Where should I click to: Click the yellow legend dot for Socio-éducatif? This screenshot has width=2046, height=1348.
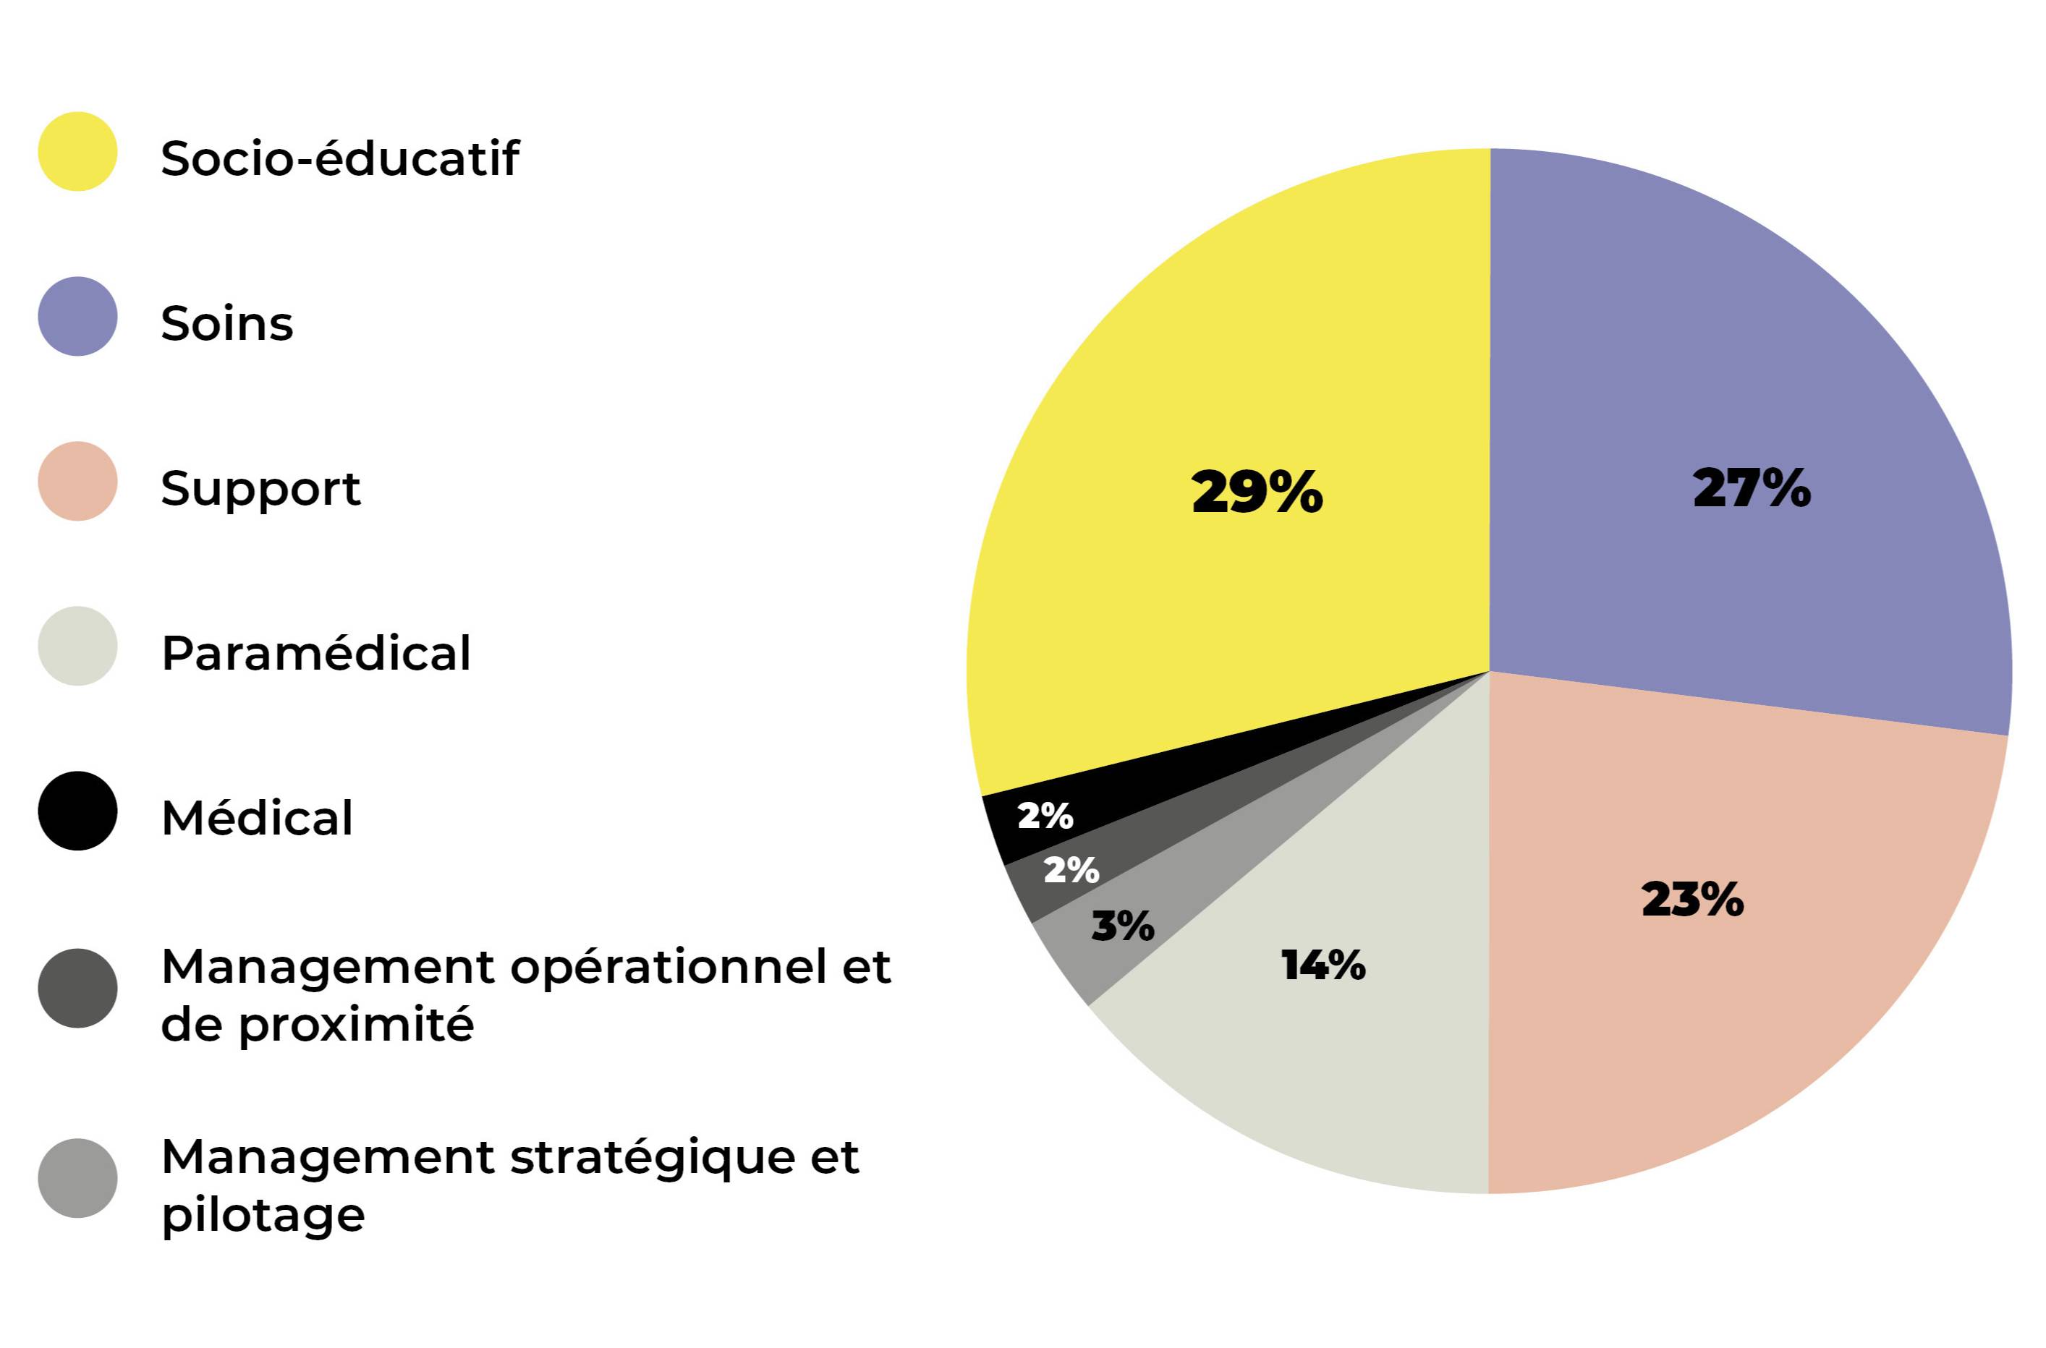77,151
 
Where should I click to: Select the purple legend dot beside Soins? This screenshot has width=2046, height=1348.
77,316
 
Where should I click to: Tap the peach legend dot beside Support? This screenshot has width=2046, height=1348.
77,482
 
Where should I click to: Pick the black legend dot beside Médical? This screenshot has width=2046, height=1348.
77,811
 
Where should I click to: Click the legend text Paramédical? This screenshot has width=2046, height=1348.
315,653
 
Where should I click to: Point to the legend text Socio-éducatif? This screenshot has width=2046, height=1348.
340,158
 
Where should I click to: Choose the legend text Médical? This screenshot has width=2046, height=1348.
257,818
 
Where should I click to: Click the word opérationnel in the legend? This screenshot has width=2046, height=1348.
669,969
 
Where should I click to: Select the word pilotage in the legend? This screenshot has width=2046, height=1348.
263,1216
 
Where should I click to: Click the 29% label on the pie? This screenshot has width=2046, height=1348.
1257,492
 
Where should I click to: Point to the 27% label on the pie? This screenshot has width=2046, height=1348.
1751,488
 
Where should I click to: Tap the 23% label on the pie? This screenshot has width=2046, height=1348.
1691,899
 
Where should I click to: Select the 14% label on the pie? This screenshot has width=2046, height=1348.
1323,965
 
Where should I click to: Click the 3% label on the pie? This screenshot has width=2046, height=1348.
1122,926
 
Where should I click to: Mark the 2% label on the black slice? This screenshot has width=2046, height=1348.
1045,816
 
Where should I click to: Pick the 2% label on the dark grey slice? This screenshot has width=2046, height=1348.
1071,870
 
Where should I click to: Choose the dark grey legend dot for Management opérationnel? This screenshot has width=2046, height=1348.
77,988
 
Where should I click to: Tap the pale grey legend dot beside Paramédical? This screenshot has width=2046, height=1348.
77,647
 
